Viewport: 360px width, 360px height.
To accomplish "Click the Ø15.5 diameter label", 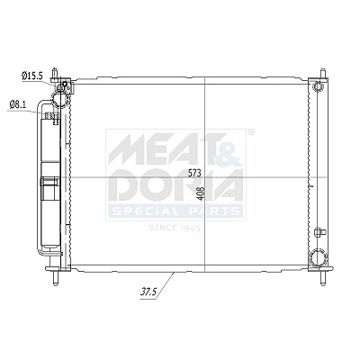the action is click(x=32, y=76).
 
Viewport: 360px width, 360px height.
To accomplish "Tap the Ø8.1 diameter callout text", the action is click(x=18, y=104).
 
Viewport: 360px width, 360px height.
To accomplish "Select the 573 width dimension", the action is click(x=194, y=173).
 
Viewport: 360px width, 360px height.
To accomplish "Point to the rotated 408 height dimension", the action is click(x=201, y=193).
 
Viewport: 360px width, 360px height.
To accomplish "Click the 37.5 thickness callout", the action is click(x=148, y=292).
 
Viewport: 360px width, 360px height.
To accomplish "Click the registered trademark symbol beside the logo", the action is click(x=251, y=131).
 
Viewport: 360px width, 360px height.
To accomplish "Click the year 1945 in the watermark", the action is click(x=190, y=229).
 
